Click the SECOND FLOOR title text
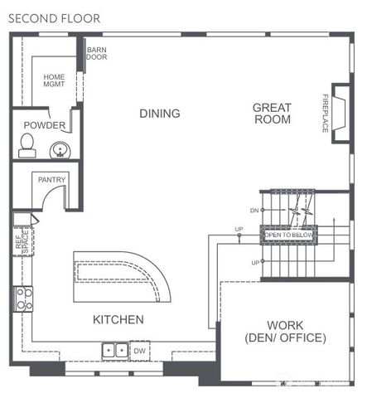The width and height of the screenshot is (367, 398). coord(56,17)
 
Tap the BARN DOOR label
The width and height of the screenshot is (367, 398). coord(97,53)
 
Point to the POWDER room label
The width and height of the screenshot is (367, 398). coord(44,125)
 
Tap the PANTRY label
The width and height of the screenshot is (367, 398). coord(51,179)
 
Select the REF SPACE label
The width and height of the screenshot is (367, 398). coord(22,240)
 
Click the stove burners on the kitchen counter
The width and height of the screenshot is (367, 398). coord(24,298)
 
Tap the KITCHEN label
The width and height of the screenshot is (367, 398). coord(118,319)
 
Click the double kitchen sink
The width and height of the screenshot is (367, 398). coord(114,350)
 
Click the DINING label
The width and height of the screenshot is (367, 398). coord(159,113)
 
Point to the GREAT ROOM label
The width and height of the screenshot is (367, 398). coord(272,113)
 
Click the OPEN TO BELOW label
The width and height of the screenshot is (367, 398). coord(288,235)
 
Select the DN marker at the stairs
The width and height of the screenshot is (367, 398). coord(254,211)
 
